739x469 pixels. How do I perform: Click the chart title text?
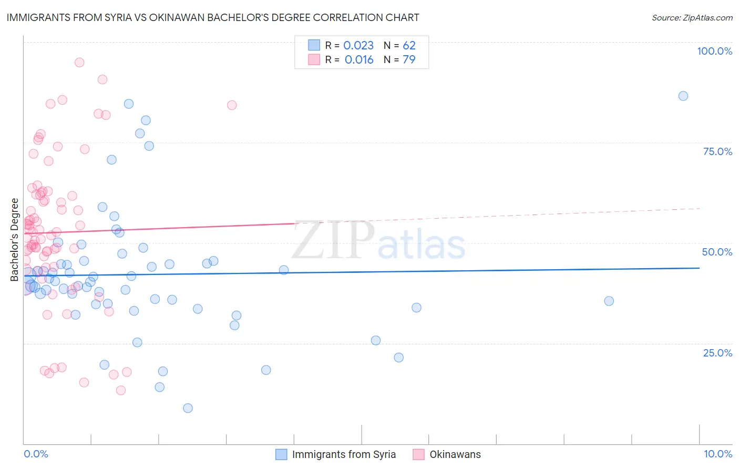point(213,17)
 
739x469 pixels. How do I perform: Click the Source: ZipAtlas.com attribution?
point(692,18)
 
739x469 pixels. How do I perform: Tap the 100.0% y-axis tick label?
point(714,51)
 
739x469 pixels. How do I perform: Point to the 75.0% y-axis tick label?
point(717,151)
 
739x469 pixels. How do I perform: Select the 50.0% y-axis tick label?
point(717,252)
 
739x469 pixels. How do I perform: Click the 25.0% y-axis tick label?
point(717,353)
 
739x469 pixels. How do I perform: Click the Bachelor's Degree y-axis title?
point(15,239)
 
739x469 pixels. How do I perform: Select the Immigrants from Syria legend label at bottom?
point(344,455)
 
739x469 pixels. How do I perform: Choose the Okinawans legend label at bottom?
point(455,455)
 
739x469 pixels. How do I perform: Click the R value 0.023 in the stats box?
point(358,46)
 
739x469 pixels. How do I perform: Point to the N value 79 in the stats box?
point(409,60)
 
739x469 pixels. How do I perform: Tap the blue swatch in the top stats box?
point(314,45)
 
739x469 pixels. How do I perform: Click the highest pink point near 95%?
point(79,62)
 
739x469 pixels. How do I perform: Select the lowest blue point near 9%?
point(188,408)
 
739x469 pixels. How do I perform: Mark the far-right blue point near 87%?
point(683,96)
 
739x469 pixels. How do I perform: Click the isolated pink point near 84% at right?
point(232,105)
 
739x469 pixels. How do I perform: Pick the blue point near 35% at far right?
point(609,301)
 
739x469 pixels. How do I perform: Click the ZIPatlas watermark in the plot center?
point(378,241)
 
